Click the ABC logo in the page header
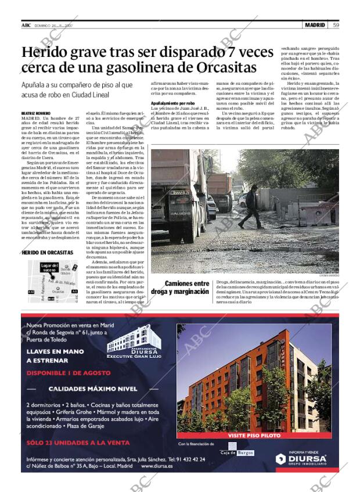pyautogui.click(x=26, y=25)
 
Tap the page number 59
pyautogui.click(x=336, y=25)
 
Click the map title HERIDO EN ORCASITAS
pyautogui.click(x=47, y=253)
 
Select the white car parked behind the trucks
pyautogui.click(x=243, y=200)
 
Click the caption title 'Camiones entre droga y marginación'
pyautogui.click(x=180, y=288)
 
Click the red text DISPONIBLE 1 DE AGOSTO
pyautogui.click(x=69, y=373)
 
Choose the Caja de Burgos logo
pyautogui.click(x=236, y=452)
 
